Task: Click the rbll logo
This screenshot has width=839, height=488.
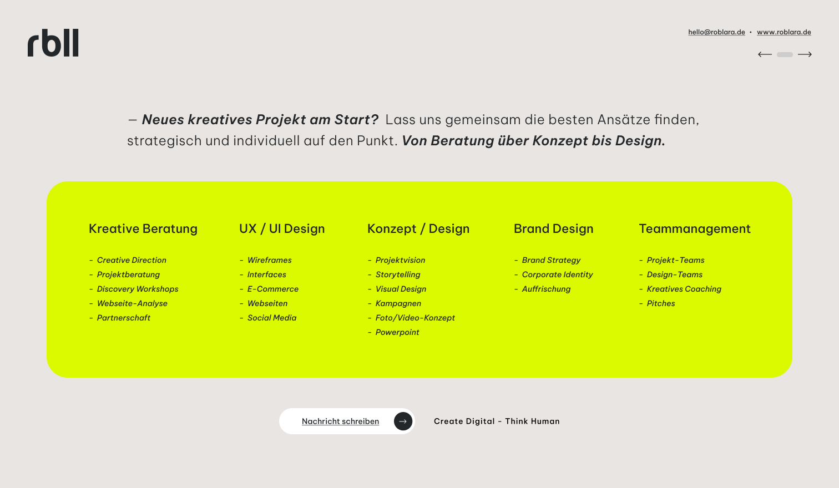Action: click(x=53, y=43)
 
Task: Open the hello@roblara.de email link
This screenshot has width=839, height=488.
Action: click(x=716, y=32)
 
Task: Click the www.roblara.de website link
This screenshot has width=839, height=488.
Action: click(x=784, y=32)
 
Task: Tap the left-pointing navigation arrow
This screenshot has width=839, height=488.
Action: click(x=765, y=55)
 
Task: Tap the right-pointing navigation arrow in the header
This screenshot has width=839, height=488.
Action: click(x=805, y=55)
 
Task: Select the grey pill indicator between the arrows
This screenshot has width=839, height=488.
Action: click(x=785, y=55)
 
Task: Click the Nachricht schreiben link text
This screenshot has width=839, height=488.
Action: click(x=341, y=421)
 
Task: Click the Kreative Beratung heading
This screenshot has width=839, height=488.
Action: click(x=143, y=228)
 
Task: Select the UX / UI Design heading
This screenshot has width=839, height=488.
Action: click(x=282, y=228)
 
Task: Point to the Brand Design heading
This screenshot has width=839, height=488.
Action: click(x=554, y=228)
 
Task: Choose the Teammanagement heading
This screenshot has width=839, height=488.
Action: click(x=695, y=228)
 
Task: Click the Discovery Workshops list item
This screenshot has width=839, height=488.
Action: click(x=138, y=289)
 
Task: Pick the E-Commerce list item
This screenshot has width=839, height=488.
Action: click(x=272, y=289)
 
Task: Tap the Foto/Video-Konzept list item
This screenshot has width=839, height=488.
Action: click(x=415, y=318)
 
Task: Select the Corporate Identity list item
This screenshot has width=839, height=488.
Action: click(x=557, y=274)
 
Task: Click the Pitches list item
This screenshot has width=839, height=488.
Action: click(x=661, y=303)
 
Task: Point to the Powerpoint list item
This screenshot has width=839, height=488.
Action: click(x=397, y=332)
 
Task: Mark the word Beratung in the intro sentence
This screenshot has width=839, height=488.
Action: click(x=462, y=141)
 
